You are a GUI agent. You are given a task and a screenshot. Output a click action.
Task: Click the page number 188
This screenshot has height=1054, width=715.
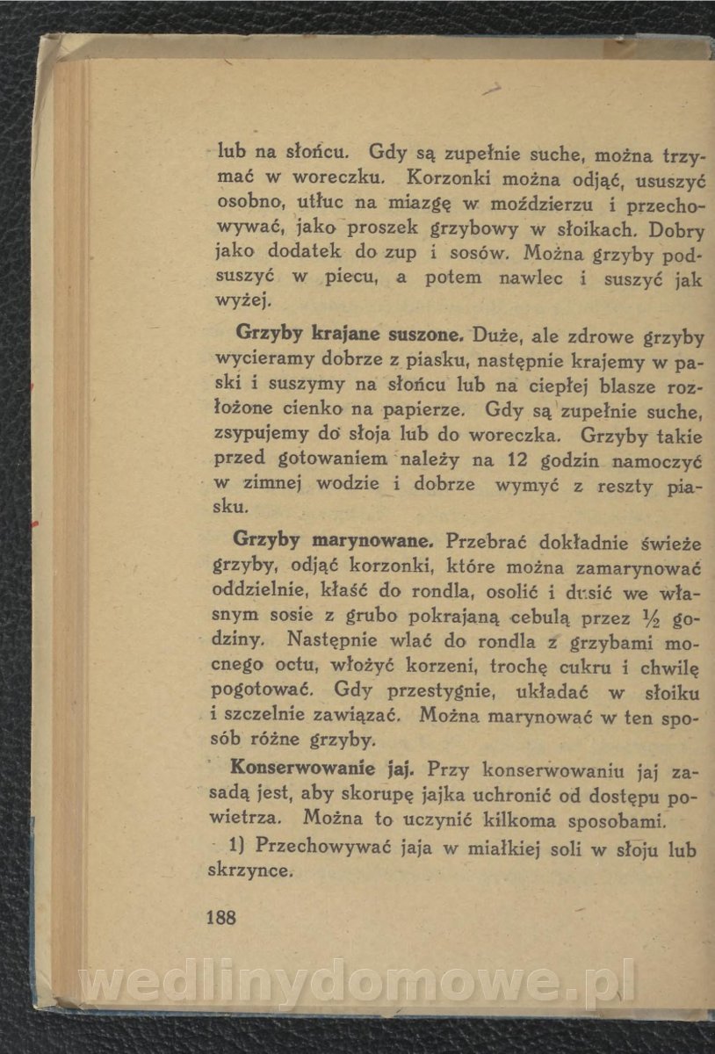click(x=220, y=918)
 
